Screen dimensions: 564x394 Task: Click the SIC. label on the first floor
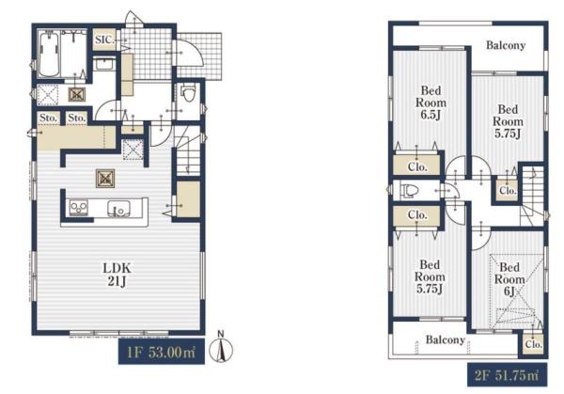[x=105, y=39]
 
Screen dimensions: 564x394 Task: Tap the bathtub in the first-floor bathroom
[x=49, y=55]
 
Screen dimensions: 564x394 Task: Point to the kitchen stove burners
[x=79, y=208]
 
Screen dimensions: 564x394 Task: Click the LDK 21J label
[x=117, y=275]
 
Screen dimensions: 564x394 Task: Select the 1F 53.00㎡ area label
[x=162, y=352]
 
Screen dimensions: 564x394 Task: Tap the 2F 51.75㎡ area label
[x=508, y=375]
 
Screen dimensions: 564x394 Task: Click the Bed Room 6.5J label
[x=431, y=102]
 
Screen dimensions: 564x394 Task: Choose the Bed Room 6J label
[x=509, y=279]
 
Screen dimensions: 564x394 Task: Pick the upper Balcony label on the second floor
[x=506, y=45]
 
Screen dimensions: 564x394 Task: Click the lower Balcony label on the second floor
[x=446, y=339]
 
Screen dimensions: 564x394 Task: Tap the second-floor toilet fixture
[x=410, y=190]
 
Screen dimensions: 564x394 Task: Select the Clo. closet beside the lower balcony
[x=533, y=344]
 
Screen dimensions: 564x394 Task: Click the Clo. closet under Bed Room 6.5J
[x=417, y=166]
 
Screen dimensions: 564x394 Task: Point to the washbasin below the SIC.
[x=105, y=66]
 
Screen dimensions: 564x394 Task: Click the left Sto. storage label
[x=49, y=118]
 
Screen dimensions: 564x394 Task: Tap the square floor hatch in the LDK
[x=105, y=179]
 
